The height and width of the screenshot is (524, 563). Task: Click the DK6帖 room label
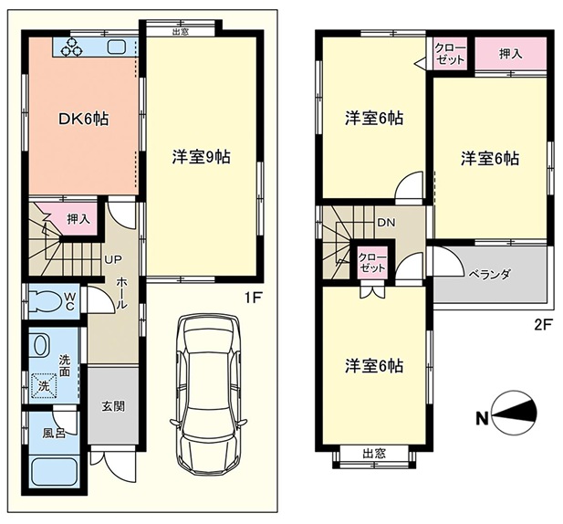point(83,119)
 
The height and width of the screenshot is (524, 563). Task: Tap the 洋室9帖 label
point(201,157)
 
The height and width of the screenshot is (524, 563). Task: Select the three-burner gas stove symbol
point(71,47)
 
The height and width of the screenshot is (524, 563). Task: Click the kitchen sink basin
point(116,47)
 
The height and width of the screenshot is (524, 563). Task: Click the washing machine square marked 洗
point(44,386)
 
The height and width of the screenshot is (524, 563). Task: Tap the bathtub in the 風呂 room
point(55,471)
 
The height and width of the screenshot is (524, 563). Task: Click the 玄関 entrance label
point(113,406)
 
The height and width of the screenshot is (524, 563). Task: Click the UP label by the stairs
point(113,259)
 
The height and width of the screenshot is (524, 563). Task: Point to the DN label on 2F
point(386,223)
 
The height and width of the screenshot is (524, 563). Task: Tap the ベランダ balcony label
point(490,275)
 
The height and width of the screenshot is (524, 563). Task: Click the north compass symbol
point(513,412)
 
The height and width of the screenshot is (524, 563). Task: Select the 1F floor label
point(253,298)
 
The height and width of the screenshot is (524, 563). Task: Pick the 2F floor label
point(543,324)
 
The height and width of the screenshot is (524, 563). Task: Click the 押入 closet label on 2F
point(510,54)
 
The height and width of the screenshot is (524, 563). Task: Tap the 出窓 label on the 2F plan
point(374,454)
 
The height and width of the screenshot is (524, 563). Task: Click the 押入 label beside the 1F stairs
point(78,219)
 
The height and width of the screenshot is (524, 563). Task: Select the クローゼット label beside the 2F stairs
point(372,263)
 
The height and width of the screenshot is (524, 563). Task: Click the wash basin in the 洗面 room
point(40,345)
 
